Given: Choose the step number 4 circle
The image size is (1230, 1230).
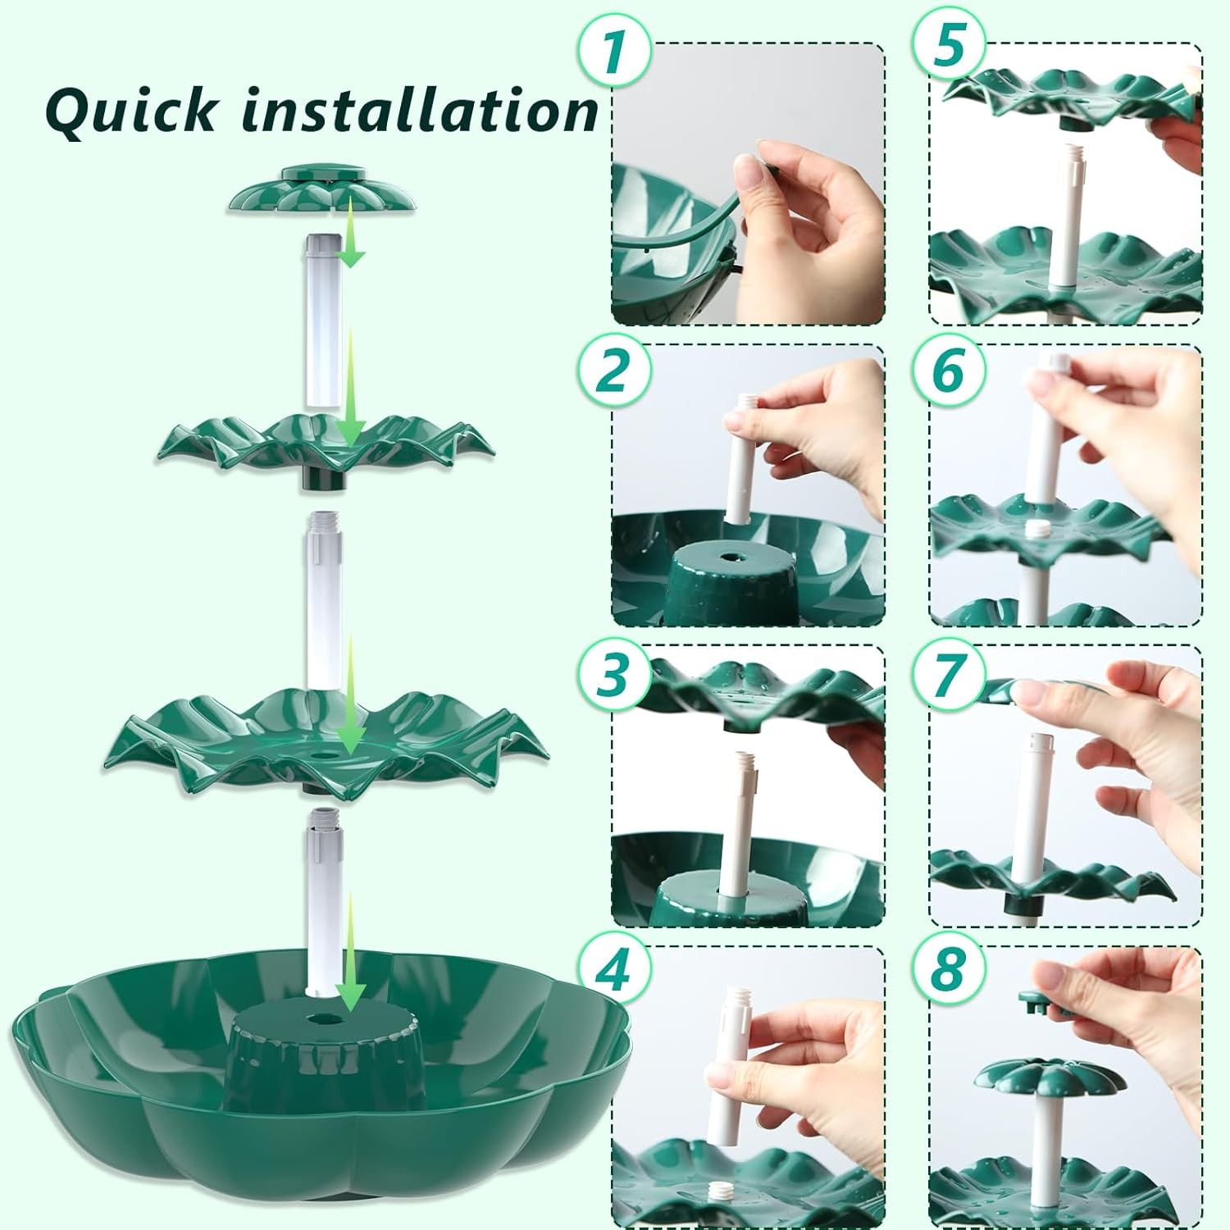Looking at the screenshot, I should coord(614,971).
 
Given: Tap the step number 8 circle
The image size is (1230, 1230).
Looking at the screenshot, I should coord(949,971).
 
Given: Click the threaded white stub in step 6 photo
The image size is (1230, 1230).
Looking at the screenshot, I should coord(1038,530).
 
